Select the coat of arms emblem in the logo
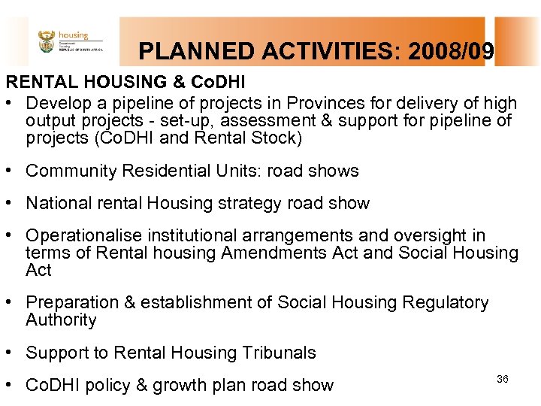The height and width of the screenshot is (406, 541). tap(47, 41)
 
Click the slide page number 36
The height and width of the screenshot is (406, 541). tap(503, 379)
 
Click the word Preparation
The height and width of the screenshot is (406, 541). tap(68, 302)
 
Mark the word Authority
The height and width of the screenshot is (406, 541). tap(61, 320)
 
